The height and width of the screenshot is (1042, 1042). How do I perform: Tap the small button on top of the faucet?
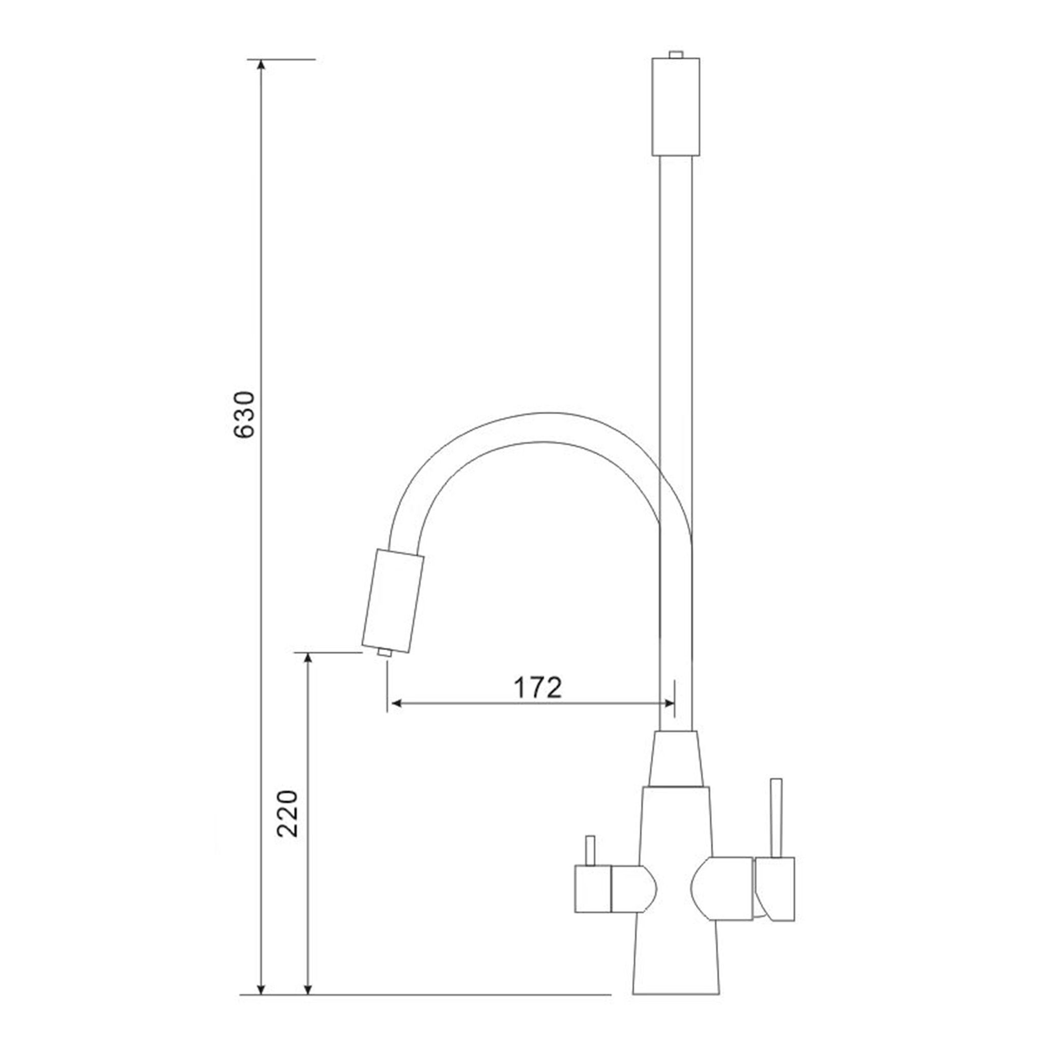(676, 54)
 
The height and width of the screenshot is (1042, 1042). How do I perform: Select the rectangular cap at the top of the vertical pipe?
(676, 107)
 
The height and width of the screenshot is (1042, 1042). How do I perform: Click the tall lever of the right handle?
(776, 825)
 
